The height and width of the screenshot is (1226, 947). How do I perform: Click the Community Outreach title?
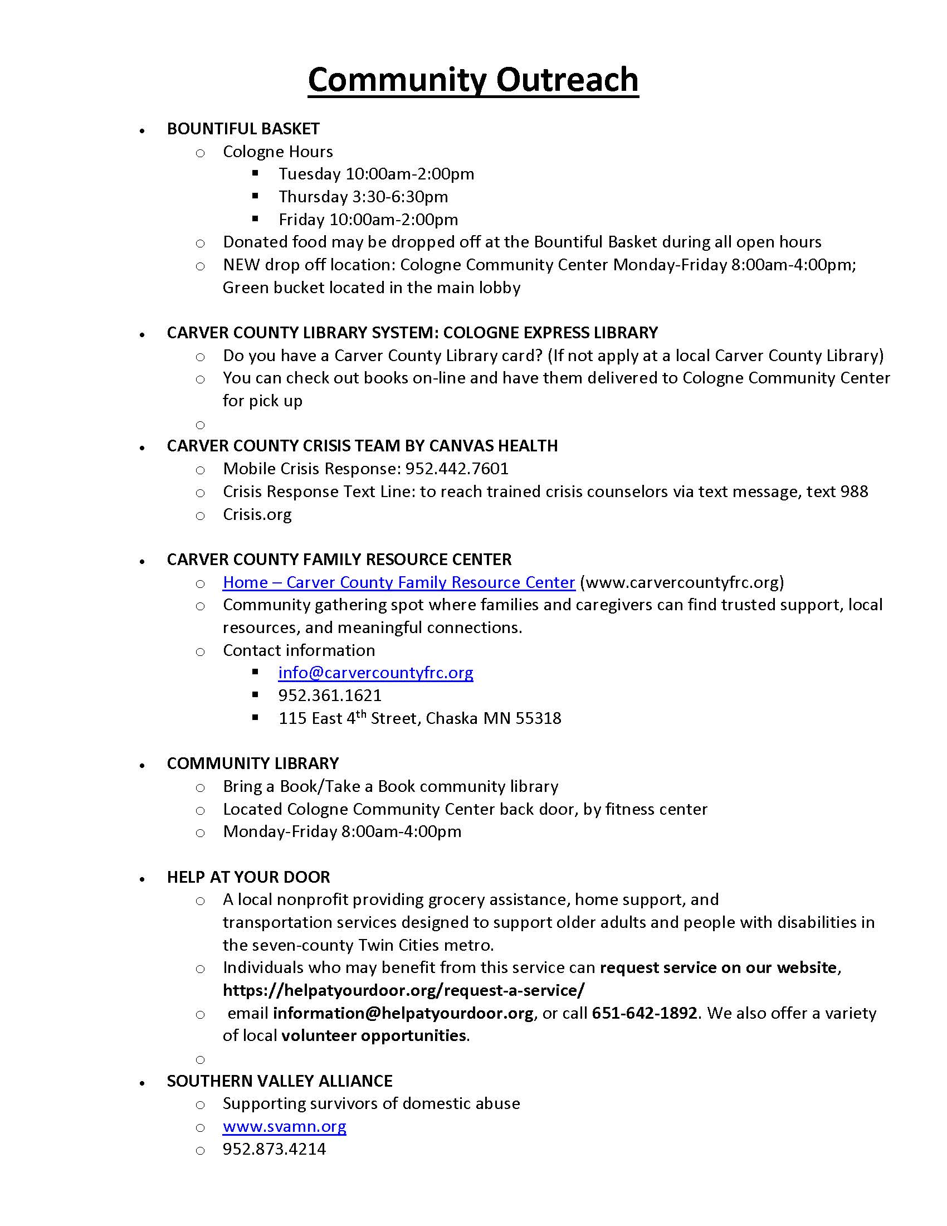(x=473, y=80)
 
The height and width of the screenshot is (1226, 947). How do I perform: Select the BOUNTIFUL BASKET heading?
(x=243, y=129)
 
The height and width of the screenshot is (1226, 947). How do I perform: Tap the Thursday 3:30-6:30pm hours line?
(x=363, y=197)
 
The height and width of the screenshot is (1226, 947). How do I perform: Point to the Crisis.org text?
(x=257, y=514)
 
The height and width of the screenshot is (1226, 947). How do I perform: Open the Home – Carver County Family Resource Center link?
(x=398, y=582)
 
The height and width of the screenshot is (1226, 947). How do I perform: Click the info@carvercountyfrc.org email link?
(x=375, y=673)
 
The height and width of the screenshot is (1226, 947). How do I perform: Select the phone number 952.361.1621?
(x=330, y=695)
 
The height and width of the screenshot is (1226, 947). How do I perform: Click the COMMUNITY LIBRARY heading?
(x=252, y=763)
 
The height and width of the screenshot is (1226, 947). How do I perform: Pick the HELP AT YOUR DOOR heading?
(x=248, y=877)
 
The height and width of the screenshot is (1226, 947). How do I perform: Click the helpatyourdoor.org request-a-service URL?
(x=403, y=990)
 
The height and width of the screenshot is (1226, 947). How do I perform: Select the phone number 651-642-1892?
(x=644, y=1013)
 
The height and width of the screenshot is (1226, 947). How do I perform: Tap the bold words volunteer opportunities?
(x=374, y=1036)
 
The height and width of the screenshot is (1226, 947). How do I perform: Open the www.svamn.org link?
(x=284, y=1127)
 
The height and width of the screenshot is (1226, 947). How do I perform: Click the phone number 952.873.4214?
(x=274, y=1149)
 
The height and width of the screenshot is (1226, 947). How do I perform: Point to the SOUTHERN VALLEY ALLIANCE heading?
(x=280, y=1081)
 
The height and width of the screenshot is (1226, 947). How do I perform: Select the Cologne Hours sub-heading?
(x=278, y=152)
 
